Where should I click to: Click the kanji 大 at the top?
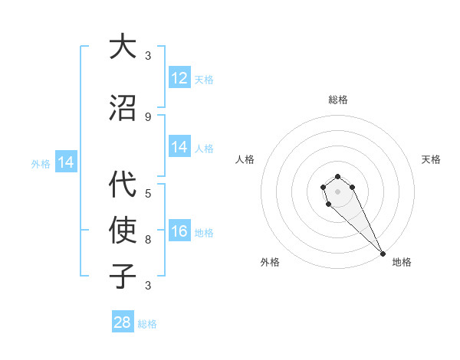tap(123, 47)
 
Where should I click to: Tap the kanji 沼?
tap(123, 108)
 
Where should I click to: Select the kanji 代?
tap(123, 185)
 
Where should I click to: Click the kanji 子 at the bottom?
tap(123, 275)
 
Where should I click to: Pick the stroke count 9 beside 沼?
tap(148, 117)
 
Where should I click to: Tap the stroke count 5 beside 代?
tap(148, 194)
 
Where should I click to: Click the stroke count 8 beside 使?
tap(148, 239)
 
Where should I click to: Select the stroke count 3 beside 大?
tap(148, 56)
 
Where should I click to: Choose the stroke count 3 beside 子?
tap(148, 286)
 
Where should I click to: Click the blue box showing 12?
tap(179, 78)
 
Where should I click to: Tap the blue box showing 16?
tap(179, 231)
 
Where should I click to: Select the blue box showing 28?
tap(123, 322)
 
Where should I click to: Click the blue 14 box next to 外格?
tap(65, 162)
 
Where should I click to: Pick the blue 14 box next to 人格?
tap(179, 147)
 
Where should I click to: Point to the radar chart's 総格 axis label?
tap(338, 100)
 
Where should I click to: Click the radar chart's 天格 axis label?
tap(431, 159)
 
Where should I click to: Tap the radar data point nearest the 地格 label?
tap(383, 254)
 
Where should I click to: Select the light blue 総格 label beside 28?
tap(147, 324)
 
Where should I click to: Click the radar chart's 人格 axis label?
tap(245, 159)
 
